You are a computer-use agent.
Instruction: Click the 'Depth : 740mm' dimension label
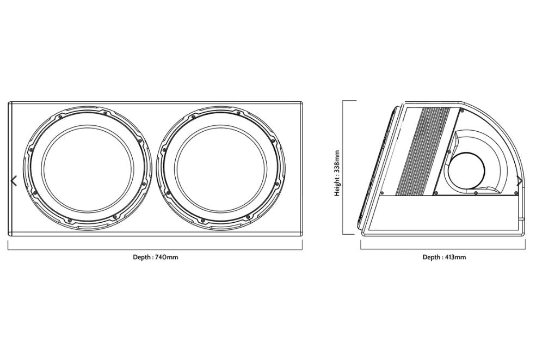tap(155, 257)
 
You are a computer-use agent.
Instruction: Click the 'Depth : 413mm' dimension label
tap(444, 257)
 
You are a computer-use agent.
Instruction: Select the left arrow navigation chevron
tap(14, 181)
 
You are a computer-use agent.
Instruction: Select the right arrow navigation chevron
tap(520, 181)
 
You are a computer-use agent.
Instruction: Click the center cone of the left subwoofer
tap(87, 169)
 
